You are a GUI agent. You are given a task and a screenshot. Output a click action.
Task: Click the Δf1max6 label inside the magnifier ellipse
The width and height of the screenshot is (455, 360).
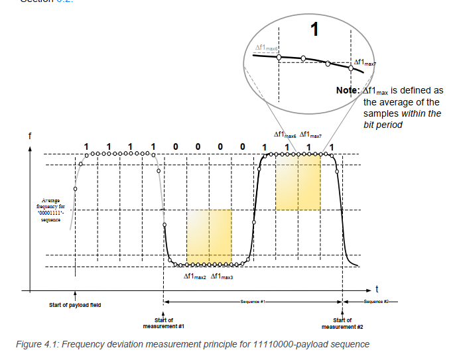coord(267,48)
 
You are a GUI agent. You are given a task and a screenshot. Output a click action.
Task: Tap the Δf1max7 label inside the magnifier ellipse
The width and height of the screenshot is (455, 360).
coord(365,62)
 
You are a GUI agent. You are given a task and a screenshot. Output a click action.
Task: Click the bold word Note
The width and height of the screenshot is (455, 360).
coord(347,90)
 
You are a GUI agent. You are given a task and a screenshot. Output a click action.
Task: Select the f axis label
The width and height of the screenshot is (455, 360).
coord(29,136)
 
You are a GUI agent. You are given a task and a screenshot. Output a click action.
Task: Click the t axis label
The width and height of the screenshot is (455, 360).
coord(376,289)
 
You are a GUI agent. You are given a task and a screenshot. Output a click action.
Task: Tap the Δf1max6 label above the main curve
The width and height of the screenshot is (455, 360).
coord(285,134)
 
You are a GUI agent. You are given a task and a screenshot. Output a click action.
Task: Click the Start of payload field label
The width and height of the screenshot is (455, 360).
coord(75,305)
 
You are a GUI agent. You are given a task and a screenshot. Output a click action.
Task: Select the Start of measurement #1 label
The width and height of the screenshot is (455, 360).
coord(163,324)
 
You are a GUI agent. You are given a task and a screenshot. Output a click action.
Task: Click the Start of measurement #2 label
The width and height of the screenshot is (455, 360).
coord(342,324)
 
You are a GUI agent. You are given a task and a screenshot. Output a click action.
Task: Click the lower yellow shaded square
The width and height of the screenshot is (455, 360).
coord(209,237)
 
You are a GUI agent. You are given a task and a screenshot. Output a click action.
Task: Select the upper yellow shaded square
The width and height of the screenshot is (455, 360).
coord(298,183)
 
